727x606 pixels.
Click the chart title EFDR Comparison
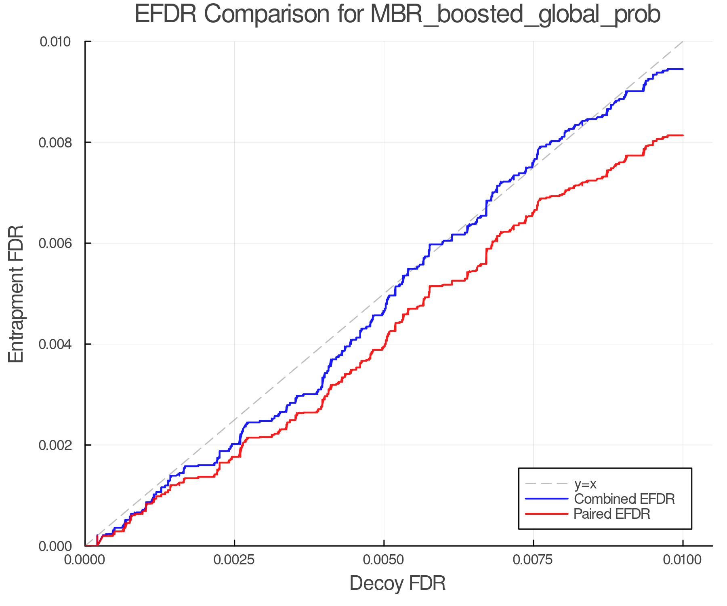tap(397, 15)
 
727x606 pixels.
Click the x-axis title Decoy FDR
tap(397, 583)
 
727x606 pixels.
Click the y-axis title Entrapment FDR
tap(16, 294)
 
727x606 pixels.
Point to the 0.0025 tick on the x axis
tap(234, 560)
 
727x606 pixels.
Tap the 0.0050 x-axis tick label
tap(384, 560)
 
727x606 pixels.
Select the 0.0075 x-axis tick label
tap(533, 560)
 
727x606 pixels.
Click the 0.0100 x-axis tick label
tap(683, 560)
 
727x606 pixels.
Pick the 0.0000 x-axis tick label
tap(85, 560)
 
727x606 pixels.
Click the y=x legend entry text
tap(585, 484)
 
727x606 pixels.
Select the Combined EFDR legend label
tap(624, 499)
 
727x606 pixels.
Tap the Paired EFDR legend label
tap(612, 513)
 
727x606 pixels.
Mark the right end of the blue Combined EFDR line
tap(683, 69)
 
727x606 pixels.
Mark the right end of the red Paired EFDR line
tap(683, 135)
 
